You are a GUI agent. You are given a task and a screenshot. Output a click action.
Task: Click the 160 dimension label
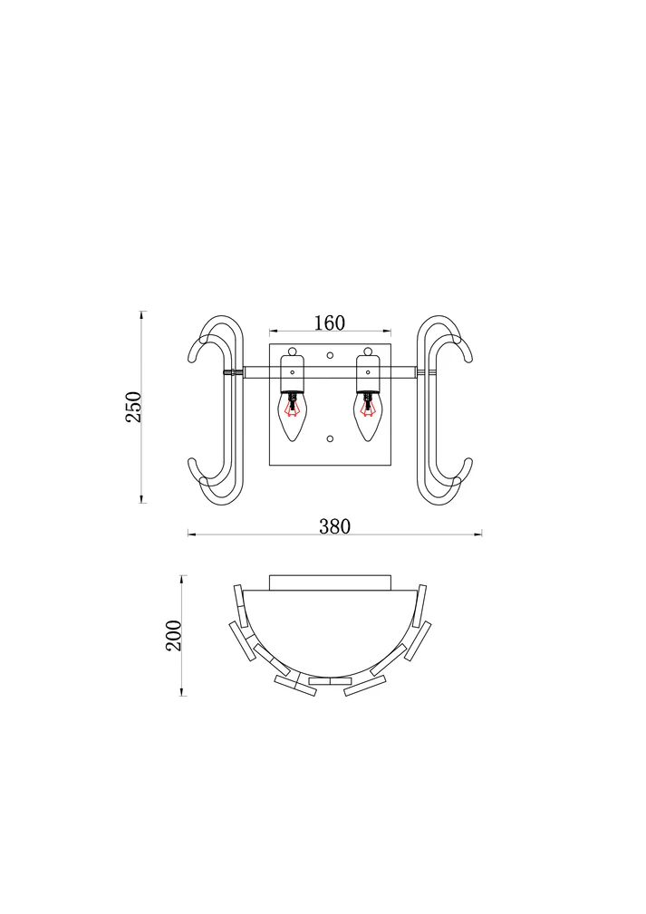tap(330, 322)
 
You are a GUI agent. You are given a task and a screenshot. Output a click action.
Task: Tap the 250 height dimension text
tap(133, 407)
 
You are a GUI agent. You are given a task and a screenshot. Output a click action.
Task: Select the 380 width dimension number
tap(334, 526)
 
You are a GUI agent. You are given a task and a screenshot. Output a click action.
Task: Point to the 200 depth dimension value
tap(174, 635)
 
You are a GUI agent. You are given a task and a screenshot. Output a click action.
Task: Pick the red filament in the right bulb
tap(367, 407)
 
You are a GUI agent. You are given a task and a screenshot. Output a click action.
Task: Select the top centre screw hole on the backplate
tap(330, 354)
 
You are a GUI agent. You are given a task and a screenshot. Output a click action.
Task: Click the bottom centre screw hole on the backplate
tap(330, 438)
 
